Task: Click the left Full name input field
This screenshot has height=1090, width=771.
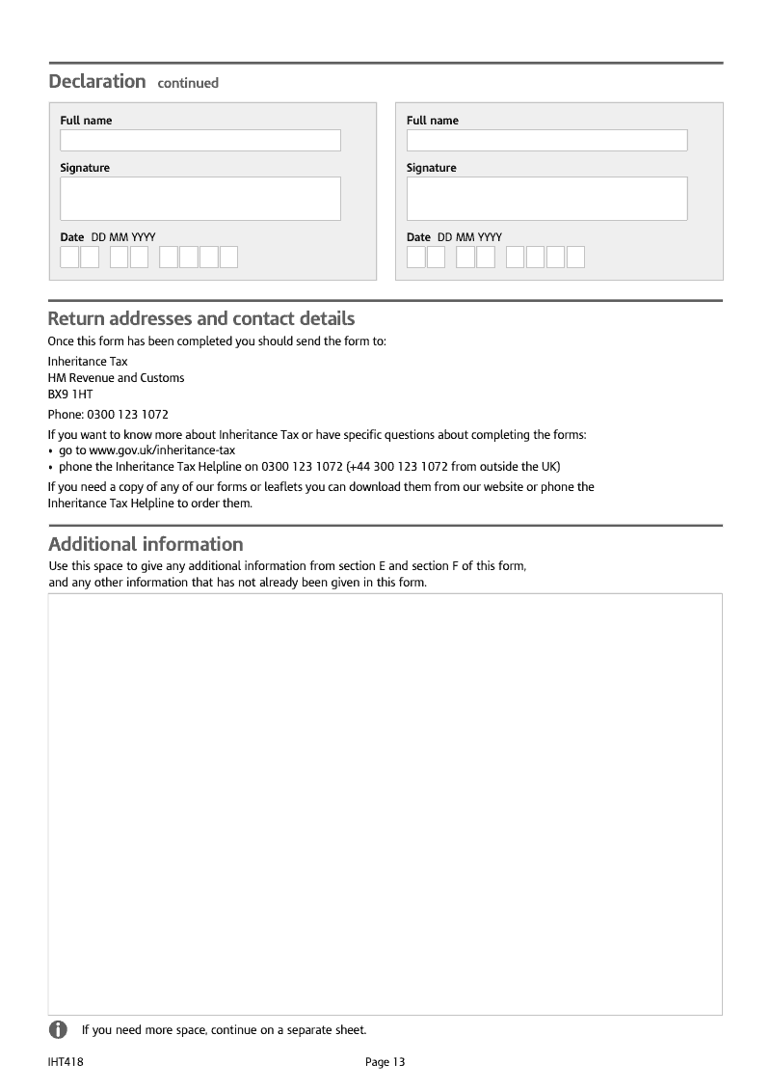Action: (200, 141)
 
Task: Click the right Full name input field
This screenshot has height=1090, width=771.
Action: (546, 141)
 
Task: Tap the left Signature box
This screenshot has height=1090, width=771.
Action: (200, 199)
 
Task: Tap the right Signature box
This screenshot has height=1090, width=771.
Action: (546, 199)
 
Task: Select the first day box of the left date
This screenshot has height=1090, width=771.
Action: (69, 258)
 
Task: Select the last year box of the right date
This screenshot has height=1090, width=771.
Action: (575, 258)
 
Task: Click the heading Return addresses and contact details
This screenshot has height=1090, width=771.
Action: (201, 319)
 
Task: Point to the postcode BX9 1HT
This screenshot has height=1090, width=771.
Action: (70, 395)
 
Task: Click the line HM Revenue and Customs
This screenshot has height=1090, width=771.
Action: (116, 378)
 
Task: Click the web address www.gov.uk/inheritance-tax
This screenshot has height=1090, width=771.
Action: (162, 450)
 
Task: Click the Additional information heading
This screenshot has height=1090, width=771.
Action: (146, 544)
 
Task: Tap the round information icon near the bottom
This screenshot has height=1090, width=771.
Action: (58, 1029)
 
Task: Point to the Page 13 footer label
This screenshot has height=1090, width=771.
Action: (385, 1062)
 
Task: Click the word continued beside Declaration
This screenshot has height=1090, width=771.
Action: (188, 83)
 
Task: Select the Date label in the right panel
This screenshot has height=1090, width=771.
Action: (418, 237)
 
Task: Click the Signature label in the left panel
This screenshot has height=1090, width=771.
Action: (85, 168)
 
